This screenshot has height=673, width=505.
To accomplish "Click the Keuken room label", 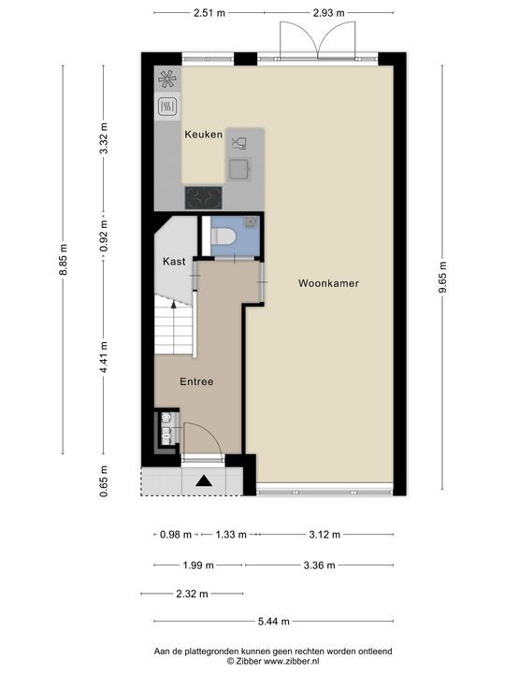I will point(203,135).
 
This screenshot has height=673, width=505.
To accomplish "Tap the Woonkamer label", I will point(329,282).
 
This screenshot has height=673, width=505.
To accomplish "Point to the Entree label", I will point(196,381).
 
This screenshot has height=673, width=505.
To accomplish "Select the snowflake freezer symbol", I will point(168,79).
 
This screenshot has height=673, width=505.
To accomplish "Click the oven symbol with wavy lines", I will point(168,106).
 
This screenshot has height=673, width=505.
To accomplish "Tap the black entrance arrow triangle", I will point(204,480).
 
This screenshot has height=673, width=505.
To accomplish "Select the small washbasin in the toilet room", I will point(251,222).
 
